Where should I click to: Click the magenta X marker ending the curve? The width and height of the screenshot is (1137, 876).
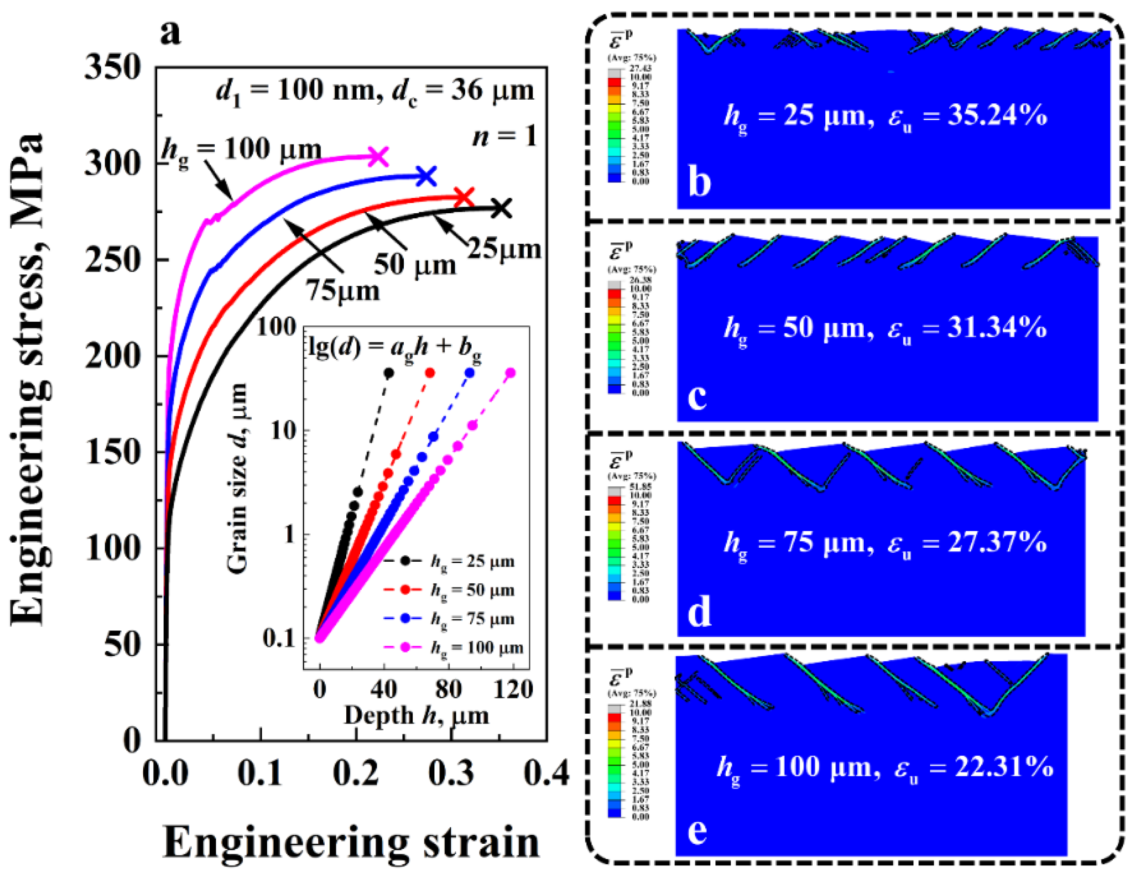(378, 157)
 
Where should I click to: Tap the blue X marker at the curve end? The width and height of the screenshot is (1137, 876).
(426, 177)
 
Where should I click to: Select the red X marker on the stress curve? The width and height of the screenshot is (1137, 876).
(463, 198)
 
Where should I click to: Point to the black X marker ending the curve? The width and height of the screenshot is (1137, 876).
(501, 209)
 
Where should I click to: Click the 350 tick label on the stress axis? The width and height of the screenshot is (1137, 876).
(112, 68)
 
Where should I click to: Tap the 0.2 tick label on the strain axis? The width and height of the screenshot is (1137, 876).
(356, 773)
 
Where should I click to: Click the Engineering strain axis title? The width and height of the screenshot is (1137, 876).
(352, 843)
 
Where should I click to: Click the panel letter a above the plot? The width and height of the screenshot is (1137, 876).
(171, 34)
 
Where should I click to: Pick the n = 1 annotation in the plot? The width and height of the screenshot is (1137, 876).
(504, 137)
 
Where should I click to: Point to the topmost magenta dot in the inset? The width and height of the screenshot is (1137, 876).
(510, 373)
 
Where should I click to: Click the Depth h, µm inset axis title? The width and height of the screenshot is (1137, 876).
(416, 716)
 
